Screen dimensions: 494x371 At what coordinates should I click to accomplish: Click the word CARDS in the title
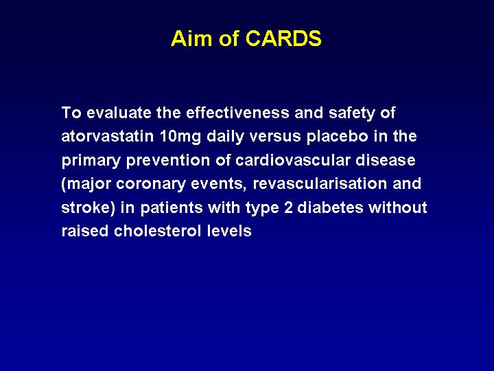[283, 38]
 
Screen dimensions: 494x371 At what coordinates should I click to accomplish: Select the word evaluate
[119, 113]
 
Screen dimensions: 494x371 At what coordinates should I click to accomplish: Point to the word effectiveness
[237, 113]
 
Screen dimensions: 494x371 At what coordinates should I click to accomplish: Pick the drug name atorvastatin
[108, 136]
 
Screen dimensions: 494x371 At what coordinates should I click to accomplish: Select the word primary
[91, 161]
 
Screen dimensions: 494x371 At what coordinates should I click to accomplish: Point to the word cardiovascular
[293, 160]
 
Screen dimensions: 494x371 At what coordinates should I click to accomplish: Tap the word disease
[386, 160]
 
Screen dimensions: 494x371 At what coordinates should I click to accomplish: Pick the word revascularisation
[320, 183]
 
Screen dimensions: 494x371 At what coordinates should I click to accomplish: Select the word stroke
[86, 207]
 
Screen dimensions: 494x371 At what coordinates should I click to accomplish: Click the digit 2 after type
[288, 207]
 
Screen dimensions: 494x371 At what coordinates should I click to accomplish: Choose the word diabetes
[330, 207]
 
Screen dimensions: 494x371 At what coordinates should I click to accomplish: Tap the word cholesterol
[158, 231]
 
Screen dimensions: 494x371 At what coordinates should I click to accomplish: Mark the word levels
[229, 231]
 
